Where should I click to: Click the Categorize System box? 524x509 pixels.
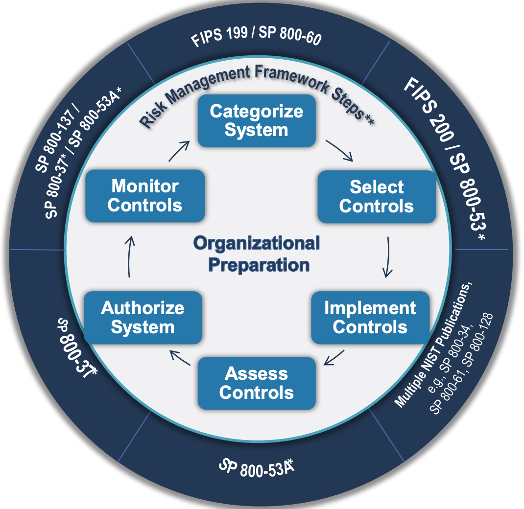pyautogui.click(x=256, y=120)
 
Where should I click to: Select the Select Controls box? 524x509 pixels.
pyautogui.click(x=376, y=196)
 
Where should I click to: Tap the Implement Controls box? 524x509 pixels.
pyautogui.click(x=370, y=318)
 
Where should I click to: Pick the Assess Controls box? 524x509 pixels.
pyautogui.click(x=256, y=383)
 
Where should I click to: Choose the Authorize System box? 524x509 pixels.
pyautogui.click(x=143, y=318)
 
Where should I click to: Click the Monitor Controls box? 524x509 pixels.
pyautogui.click(x=144, y=195)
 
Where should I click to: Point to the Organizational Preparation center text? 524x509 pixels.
pyautogui.click(x=256, y=254)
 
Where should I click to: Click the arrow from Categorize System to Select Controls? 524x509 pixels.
pyautogui.click(x=339, y=151)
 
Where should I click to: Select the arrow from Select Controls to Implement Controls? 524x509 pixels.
pyautogui.click(x=387, y=257)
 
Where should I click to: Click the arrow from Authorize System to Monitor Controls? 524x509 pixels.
pyautogui.click(x=129, y=257)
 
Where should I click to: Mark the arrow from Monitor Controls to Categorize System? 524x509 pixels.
pyautogui.click(x=179, y=150)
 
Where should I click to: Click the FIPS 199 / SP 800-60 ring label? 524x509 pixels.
pyautogui.click(x=256, y=38)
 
